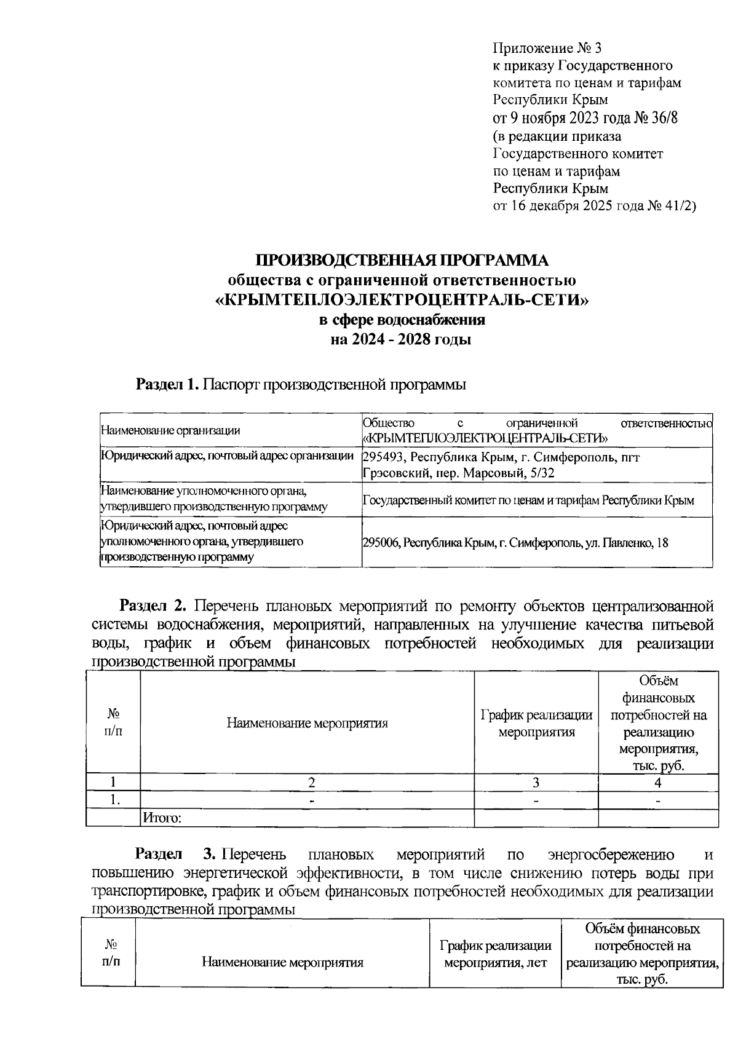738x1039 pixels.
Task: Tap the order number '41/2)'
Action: tap(680, 206)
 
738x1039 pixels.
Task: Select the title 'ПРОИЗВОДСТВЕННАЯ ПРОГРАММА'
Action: tap(402, 260)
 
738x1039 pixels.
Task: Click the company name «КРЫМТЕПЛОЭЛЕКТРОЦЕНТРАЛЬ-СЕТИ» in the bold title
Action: tap(402, 300)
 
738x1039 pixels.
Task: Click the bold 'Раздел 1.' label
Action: tap(167, 385)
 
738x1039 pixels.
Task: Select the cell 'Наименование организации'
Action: tap(170, 430)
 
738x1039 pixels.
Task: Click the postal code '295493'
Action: tap(384, 457)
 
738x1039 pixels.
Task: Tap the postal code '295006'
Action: tap(381, 543)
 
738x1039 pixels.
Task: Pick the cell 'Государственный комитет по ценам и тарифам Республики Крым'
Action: tap(528, 500)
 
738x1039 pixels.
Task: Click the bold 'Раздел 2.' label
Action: tap(153, 606)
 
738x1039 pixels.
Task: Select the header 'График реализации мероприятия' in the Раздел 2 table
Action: tap(536, 723)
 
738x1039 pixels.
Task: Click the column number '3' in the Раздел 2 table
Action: tap(536, 783)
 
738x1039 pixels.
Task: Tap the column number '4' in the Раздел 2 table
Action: tap(658, 783)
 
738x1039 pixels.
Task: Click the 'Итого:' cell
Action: tap(162, 818)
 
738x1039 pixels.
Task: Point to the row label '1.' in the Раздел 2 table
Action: tap(114, 800)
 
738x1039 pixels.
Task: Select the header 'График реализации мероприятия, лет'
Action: tap(496, 954)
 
